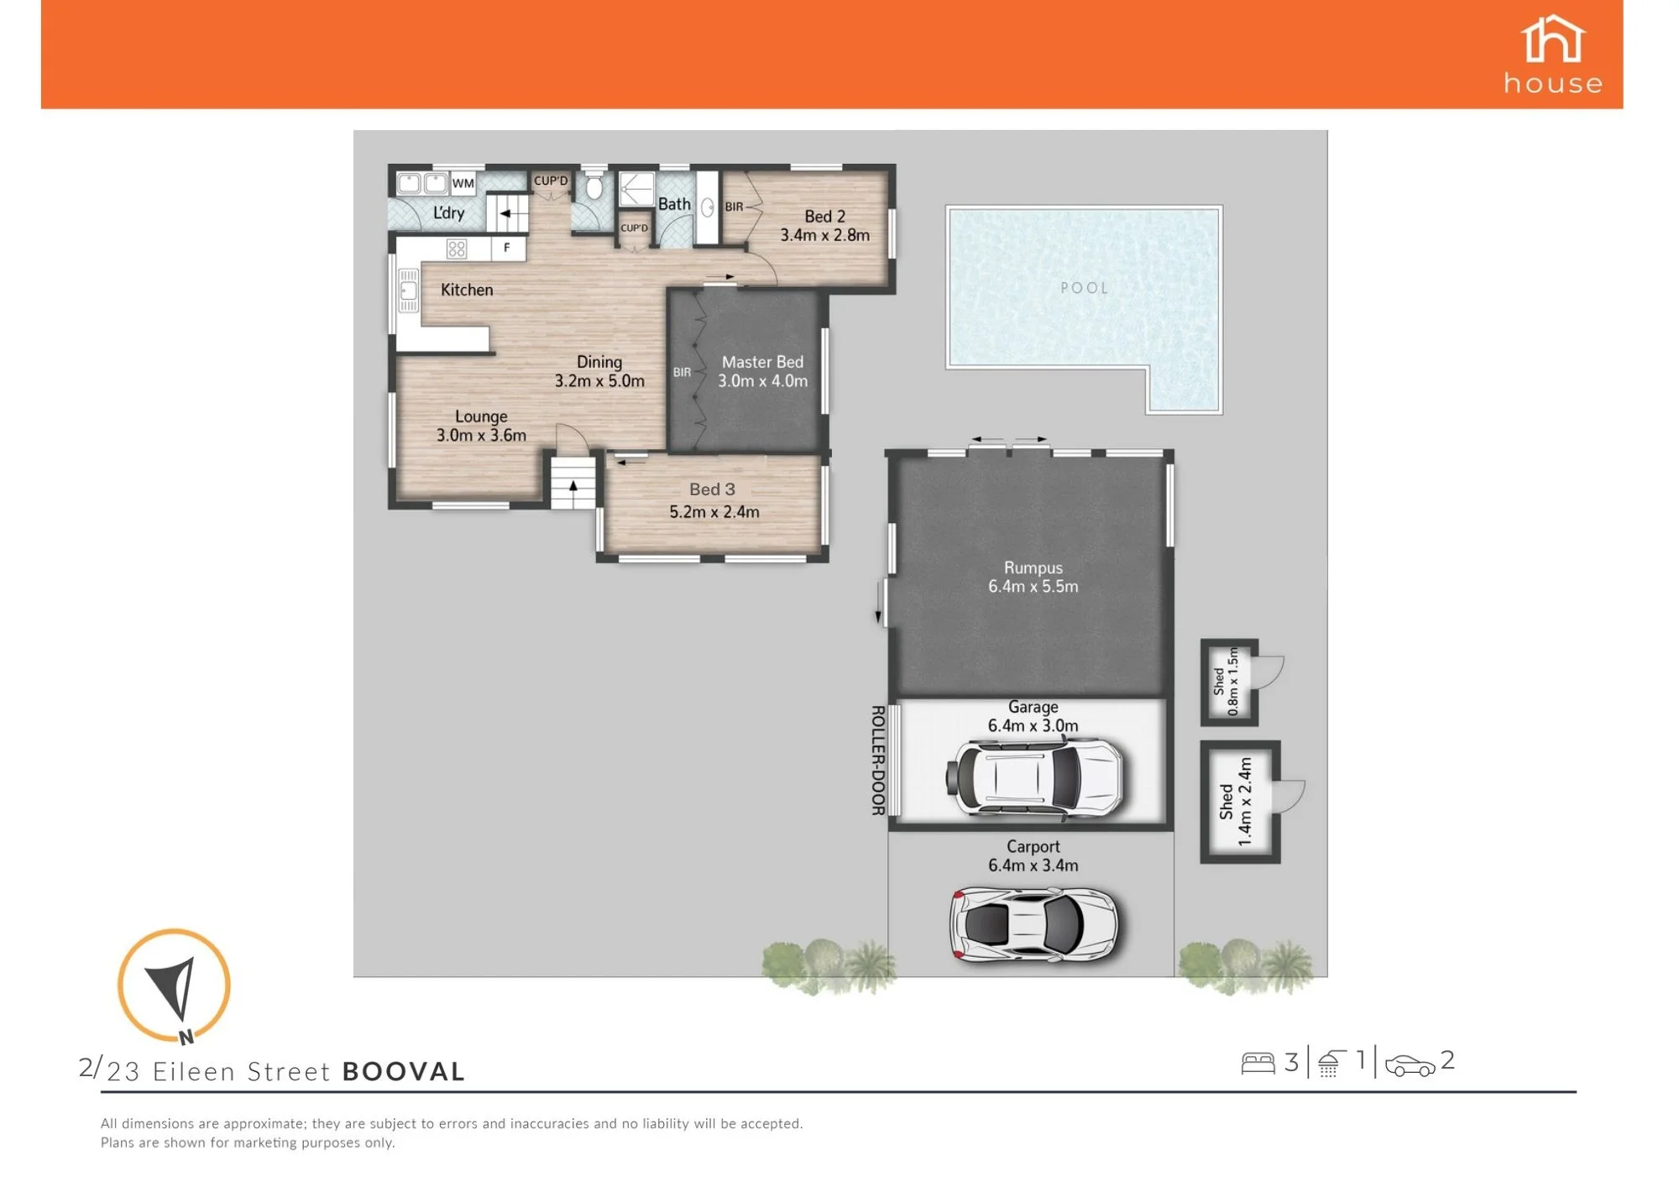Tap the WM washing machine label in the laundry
tap(463, 183)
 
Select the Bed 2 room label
tap(824, 217)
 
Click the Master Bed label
tap(762, 362)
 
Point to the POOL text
tap(1084, 288)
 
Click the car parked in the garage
tap(1034, 777)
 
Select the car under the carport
tap(1034, 923)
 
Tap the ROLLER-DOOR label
tap(877, 760)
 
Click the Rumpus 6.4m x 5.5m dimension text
tap(1033, 587)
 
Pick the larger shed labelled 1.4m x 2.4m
tap(1240, 802)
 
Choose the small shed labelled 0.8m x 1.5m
tap(1229, 682)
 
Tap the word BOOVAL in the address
tap(404, 1072)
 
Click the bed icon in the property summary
tap(1258, 1064)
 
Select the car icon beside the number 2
tap(1410, 1066)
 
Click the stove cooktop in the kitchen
tap(456, 248)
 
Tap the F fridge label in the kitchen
tap(506, 248)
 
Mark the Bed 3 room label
tap(712, 489)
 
